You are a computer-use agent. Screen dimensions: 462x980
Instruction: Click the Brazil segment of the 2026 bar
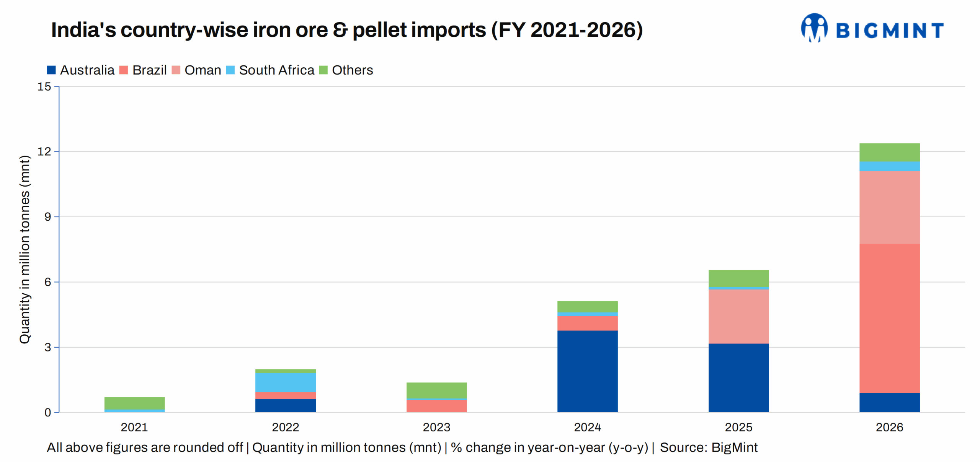[889, 318]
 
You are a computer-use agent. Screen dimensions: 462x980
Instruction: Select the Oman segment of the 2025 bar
[738, 316]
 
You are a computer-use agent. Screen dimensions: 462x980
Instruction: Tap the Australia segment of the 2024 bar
[587, 371]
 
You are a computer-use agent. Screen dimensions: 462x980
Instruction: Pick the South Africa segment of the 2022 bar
[286, 382]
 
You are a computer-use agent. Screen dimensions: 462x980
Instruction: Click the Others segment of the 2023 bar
[436, 390]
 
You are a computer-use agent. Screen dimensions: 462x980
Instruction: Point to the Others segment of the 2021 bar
[134, 403]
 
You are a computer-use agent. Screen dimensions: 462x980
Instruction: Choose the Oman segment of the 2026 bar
[889, 207]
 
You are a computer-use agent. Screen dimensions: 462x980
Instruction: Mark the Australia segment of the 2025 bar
[738, 377]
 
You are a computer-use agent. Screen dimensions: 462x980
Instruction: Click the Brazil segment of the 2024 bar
[587, 323]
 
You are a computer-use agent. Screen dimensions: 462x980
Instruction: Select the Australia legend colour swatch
[51, 70]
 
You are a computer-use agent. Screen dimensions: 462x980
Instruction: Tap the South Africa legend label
[276, 70]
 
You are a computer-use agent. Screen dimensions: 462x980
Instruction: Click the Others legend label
[352, 70]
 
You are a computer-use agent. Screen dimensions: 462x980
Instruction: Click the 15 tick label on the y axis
[44, 86]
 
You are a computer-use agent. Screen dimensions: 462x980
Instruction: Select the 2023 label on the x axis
[436, 427]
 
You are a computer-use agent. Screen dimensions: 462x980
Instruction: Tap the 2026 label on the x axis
[889, 427]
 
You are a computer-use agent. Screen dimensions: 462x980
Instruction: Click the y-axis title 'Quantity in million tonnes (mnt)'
[24, 249]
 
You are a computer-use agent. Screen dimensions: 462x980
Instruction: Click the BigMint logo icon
[814, 28]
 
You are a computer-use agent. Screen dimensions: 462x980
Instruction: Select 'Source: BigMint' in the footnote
[709, 447]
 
